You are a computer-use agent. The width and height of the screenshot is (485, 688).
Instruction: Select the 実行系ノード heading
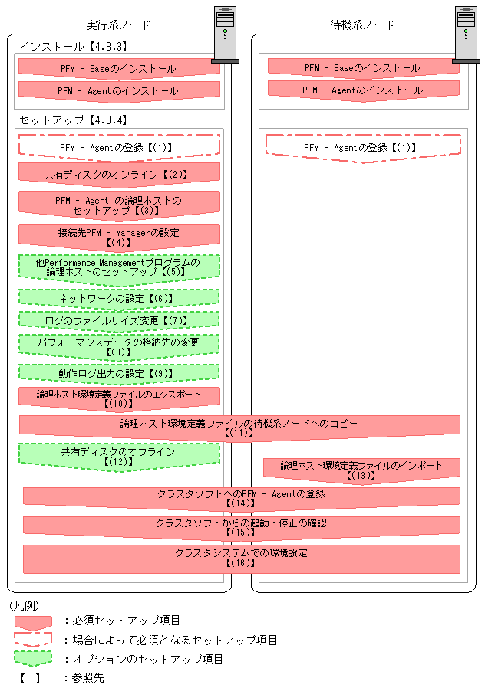click(119, 25)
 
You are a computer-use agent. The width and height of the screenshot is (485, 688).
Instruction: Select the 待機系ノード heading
click(363, 25)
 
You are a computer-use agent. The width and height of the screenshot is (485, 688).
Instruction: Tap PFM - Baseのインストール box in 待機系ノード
click(363, 68)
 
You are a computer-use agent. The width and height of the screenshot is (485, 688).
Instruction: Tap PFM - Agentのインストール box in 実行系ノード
click(119, 91)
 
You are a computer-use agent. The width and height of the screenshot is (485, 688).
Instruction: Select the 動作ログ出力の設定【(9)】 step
click(119, 374)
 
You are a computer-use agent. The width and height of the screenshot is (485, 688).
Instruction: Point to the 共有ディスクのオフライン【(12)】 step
click(119, 457)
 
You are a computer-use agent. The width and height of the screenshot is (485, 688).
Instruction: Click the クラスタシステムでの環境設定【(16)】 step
click(241, 558)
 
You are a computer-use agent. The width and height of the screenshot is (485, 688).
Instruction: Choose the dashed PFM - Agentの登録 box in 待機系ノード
click(363, 147)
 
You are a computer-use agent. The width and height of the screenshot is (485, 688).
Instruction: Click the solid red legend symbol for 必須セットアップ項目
click(32, 621)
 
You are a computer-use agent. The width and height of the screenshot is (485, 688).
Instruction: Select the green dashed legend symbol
click(32, 658)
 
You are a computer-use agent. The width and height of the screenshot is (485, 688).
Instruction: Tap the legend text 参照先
click(87, 677)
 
